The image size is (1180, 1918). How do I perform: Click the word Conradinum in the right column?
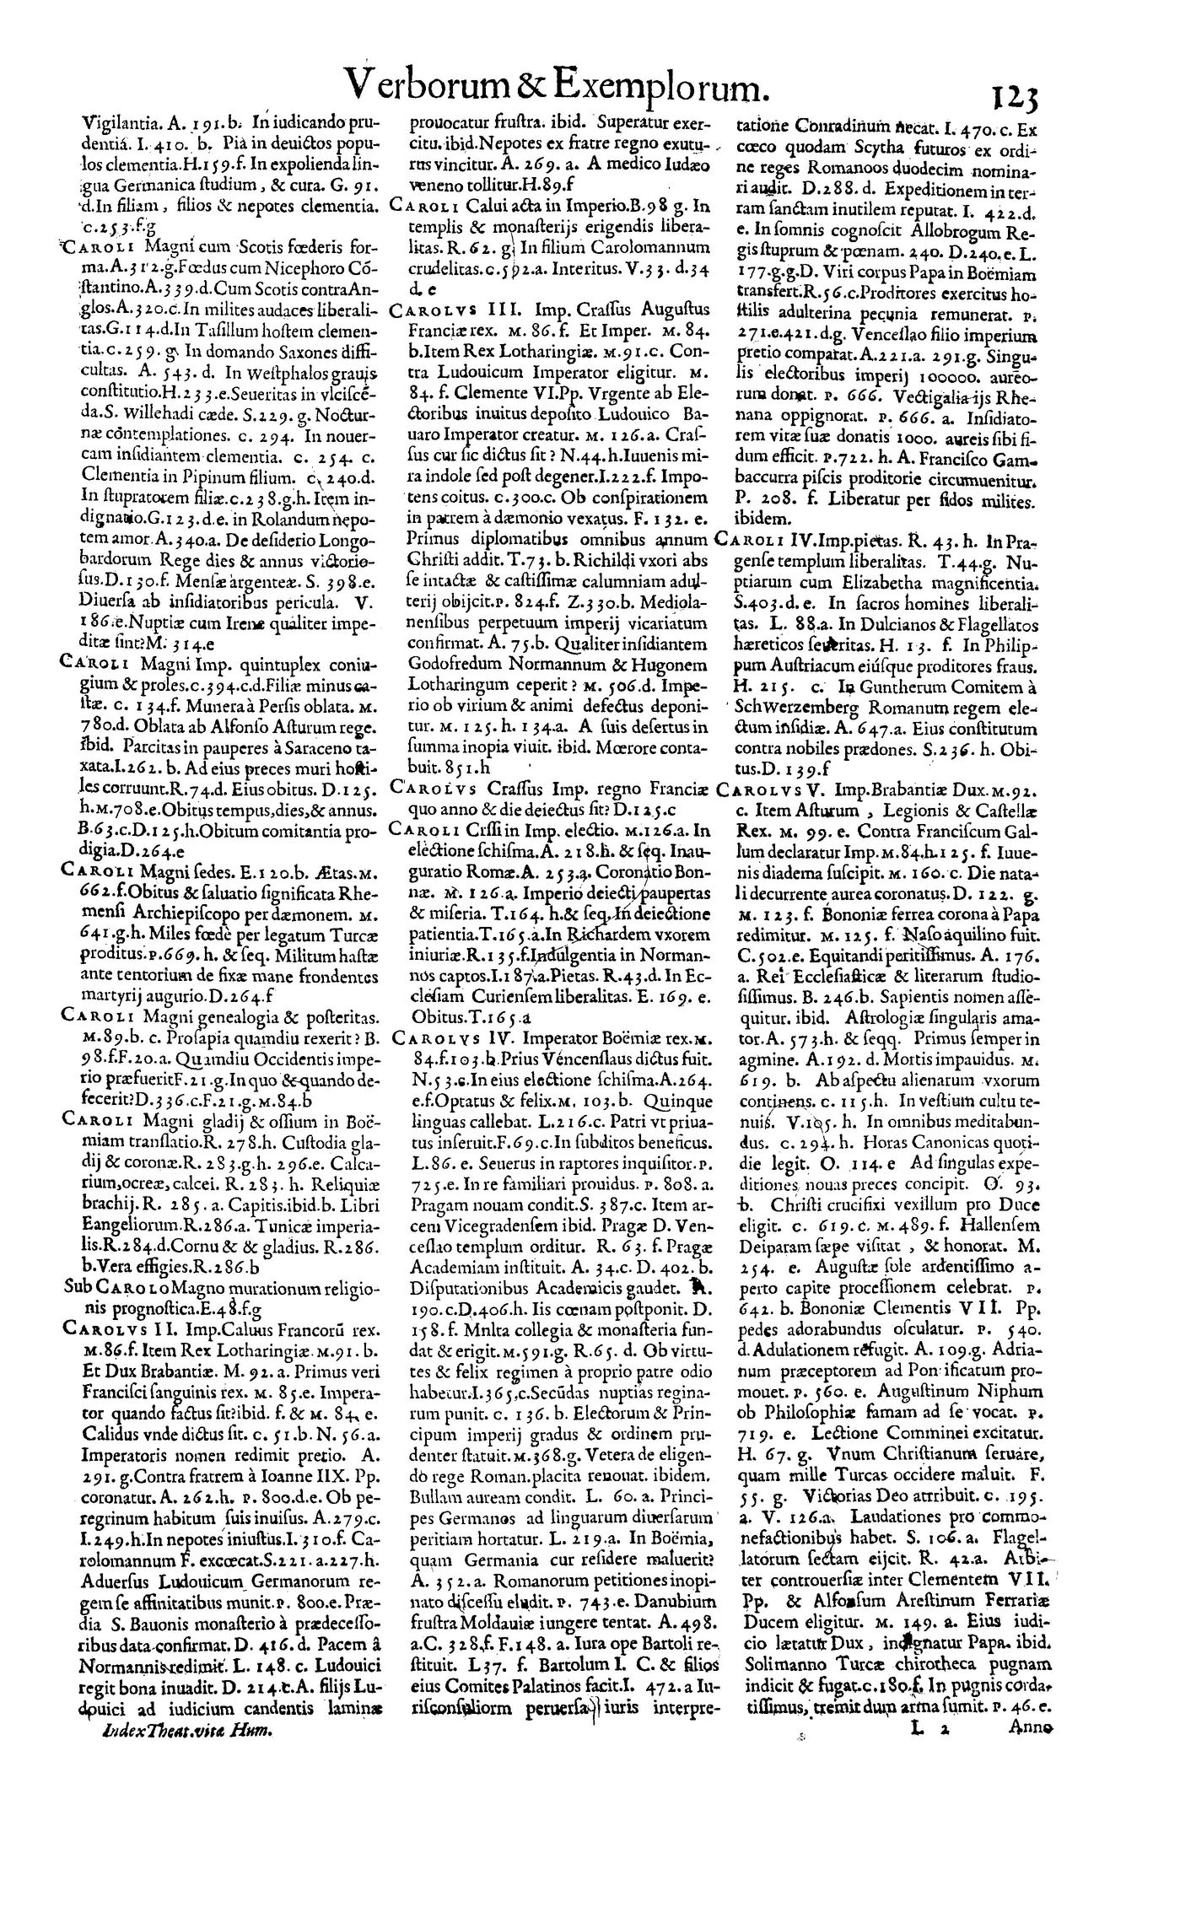click(854, 131)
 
